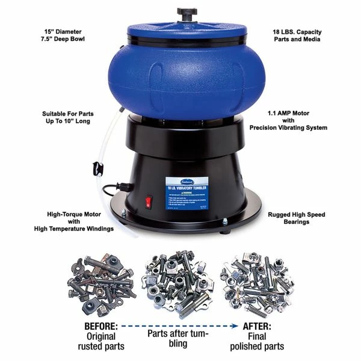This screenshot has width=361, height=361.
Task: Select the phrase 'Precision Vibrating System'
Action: tap(289, 128)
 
